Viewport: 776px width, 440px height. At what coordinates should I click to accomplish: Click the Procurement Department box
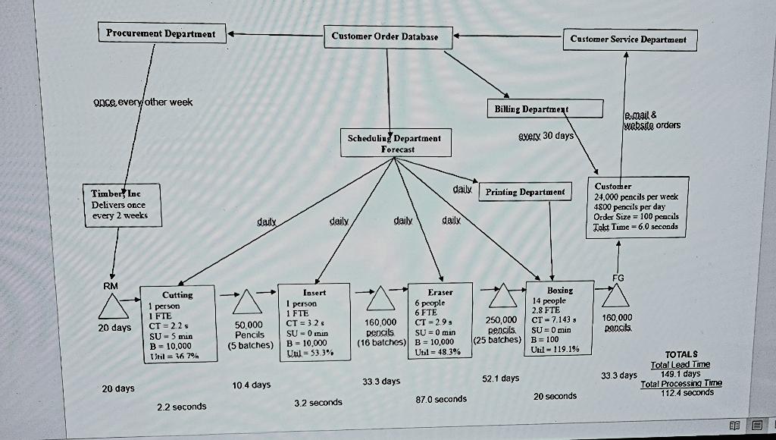161,33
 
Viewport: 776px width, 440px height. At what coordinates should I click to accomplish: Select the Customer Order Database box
390,36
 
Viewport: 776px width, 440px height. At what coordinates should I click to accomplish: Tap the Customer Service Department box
629,39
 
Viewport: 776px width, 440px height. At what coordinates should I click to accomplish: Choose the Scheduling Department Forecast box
394,143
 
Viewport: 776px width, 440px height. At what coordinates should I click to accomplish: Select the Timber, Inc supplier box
120,204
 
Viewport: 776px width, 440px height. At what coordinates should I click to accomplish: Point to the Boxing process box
559,318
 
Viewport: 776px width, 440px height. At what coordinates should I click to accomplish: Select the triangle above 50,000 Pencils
246,303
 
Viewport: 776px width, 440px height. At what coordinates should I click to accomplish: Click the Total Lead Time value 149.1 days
680,373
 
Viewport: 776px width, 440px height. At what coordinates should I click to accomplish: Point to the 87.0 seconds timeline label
441,399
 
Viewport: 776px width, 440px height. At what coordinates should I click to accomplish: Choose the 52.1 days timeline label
501,378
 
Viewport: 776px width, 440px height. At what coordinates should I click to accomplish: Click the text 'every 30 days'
546,136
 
